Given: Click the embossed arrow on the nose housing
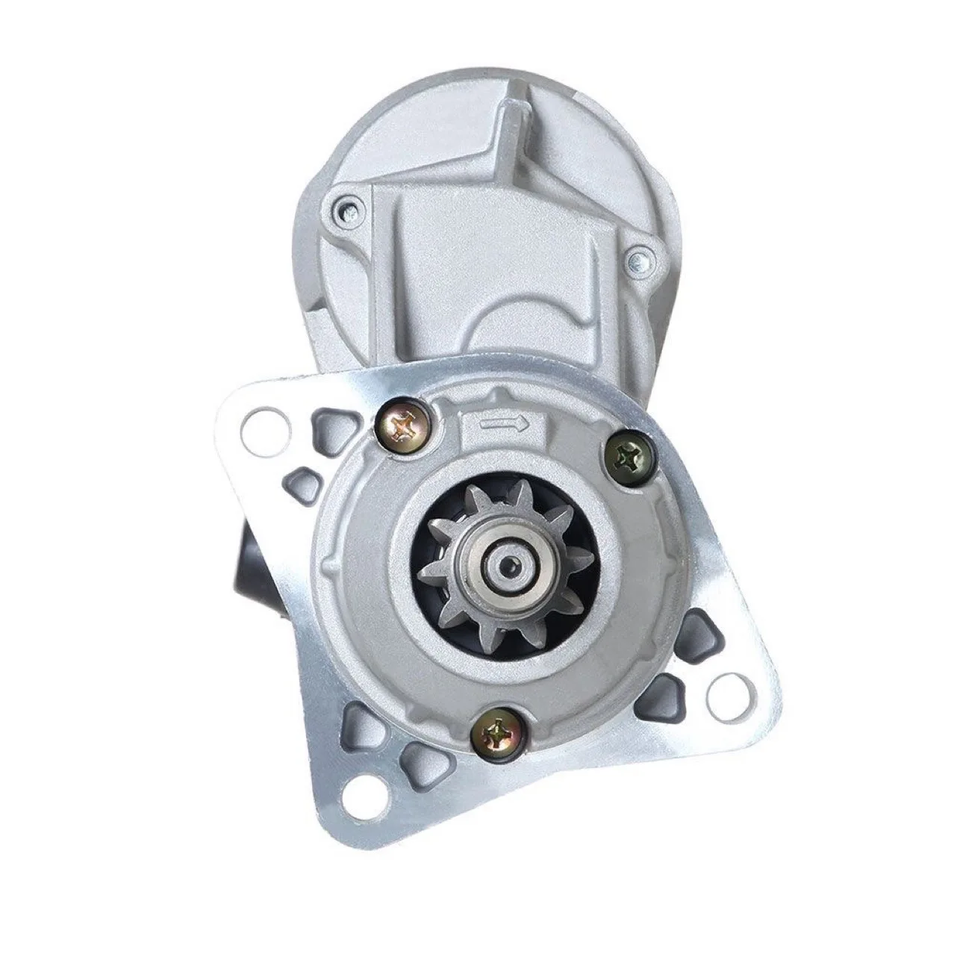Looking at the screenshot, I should [505, 425].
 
